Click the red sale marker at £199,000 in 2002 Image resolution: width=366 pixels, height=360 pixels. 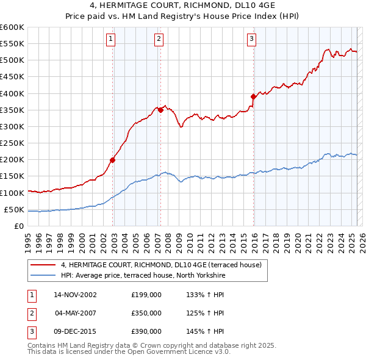(113, 160)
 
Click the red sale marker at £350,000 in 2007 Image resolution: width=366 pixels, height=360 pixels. (160, 110)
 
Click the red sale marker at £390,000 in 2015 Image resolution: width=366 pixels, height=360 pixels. (253, 96)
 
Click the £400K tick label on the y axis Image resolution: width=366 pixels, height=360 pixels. (12, 93)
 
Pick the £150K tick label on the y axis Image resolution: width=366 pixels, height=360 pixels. (12, 176)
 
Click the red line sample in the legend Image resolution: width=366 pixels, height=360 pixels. (43, 265)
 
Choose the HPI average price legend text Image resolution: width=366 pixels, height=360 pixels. (143, 276)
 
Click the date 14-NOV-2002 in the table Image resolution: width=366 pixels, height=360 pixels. (75, 295)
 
